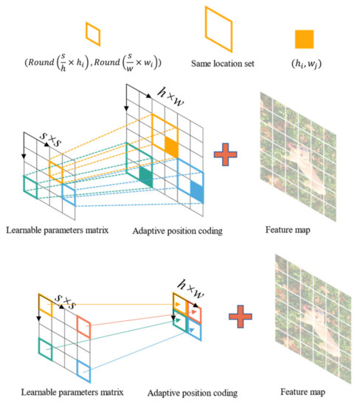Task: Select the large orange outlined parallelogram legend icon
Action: coord(222,28)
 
